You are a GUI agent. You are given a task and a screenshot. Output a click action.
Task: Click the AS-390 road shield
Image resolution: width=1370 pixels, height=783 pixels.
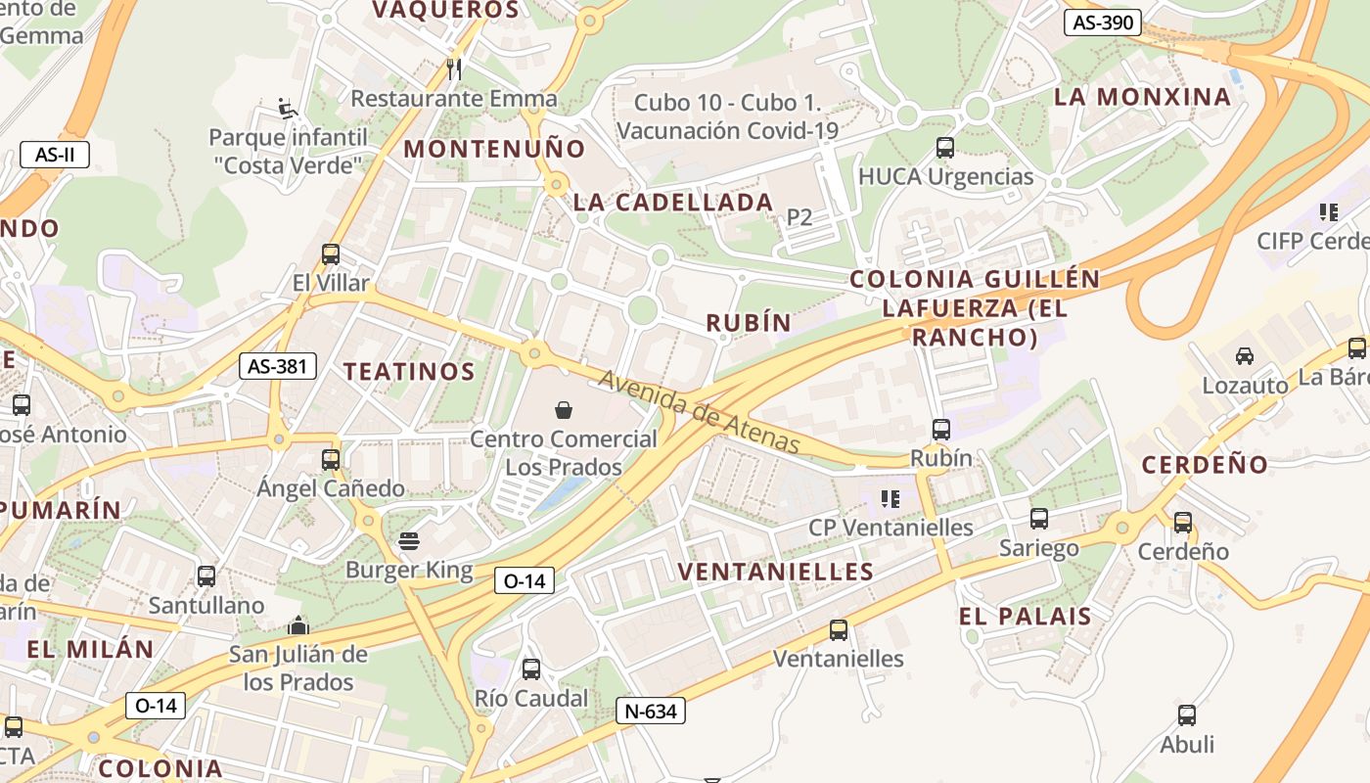[x=1103, y=23]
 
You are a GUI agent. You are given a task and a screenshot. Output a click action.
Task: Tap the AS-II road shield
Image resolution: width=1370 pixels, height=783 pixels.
[x=55, y=154]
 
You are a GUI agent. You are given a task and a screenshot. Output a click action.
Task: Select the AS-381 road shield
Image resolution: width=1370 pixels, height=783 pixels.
[x=278, y=366]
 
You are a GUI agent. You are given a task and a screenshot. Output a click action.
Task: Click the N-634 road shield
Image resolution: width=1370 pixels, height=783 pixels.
[x=651, y=711]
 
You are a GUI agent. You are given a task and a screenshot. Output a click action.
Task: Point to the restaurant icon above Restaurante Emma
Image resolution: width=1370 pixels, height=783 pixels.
[x=453, y=69]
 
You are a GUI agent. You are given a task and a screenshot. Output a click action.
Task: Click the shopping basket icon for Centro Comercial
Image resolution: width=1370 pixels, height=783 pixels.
[x=564, y=409]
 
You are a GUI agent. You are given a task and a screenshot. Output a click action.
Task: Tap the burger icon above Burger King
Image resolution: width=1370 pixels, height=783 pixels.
[x=409, y=541]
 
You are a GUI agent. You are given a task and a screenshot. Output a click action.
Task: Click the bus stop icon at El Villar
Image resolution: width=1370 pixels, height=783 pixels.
[x=331, y=254]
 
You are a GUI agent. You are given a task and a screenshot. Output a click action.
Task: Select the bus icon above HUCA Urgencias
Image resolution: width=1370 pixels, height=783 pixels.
[x=945, y=148]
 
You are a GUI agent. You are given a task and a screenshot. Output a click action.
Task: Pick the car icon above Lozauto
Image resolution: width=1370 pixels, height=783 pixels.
[x=1245, y=356]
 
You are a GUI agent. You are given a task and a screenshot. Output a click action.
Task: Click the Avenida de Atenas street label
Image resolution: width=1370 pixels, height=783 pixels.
[x=700, y=411]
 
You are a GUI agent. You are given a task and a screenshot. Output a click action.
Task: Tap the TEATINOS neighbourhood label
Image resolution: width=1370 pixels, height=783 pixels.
[x=409, y=372]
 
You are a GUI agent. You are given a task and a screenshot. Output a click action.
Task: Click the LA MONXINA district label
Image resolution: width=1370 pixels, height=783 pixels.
[x=1142, y=97]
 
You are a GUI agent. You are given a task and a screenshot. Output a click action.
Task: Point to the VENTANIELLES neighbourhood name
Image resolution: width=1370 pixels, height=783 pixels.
[x=775, y=572]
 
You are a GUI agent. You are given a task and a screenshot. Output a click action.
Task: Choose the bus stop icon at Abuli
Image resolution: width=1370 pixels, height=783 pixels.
[x=1187, y=715]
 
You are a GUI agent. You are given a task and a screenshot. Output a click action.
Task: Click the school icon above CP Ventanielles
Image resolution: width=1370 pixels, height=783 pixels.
[x=890, y=499]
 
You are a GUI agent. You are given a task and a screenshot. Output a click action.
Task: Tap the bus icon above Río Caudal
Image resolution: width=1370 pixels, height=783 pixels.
[x=531, y=669]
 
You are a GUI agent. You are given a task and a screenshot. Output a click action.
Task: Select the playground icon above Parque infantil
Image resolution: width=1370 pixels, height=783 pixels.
[x=287, y=108]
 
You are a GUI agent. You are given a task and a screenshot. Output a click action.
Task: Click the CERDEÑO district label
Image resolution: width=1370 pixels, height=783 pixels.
[x=1205, y=465]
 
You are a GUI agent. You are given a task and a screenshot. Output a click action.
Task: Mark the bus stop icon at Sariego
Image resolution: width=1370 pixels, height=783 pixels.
[x=1039, y=519]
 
